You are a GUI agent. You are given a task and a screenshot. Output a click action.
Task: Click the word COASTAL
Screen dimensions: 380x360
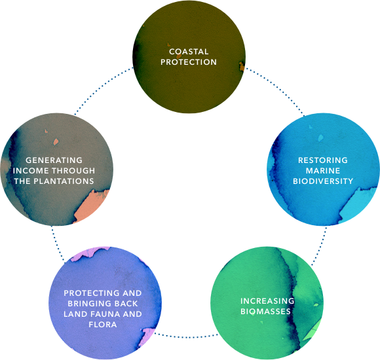(x=189, y=52)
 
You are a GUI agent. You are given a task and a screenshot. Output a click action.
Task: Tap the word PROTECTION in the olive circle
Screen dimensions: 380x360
(x=189, y=62)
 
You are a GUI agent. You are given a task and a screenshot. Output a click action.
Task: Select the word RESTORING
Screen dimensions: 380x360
(x=323, y=160)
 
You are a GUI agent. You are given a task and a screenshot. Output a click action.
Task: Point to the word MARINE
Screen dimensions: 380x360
(x=323, y=171)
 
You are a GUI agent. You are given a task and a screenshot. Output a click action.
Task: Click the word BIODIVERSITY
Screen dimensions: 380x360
(x=323, y=181)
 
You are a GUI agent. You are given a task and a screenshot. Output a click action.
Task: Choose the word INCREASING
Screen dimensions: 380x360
(x=267, y=300)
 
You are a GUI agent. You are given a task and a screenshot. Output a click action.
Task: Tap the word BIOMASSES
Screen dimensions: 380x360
(x=265, y=311)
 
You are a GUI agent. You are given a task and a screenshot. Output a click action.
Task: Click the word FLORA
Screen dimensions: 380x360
(x=103, y=324)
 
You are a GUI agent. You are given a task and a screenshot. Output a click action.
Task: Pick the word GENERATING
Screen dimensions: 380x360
(x=54, y=160)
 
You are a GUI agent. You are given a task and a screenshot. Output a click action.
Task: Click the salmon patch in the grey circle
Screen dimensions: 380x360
(x=91, y=206)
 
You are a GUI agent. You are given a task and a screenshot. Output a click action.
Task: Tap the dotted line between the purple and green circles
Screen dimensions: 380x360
(x=186, y=336)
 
